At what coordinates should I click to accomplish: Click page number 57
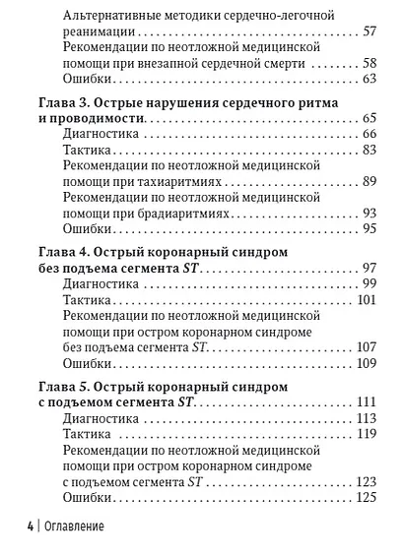tap(369, 32)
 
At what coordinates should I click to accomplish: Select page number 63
tap(369, 78)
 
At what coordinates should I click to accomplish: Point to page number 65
tap(369, 118)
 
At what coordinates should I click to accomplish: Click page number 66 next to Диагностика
tap(369, 134)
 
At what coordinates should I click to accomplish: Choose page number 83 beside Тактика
tap(369, 150)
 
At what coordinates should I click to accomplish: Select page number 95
tap(369, 228)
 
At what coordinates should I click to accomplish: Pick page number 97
tap(369, 269)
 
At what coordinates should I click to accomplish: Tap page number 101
tap(366, 299)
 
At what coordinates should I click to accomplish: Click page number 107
tap(366, 346)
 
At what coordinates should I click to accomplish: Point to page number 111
tap(366, 402)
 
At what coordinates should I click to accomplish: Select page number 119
tap(366, 434)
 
